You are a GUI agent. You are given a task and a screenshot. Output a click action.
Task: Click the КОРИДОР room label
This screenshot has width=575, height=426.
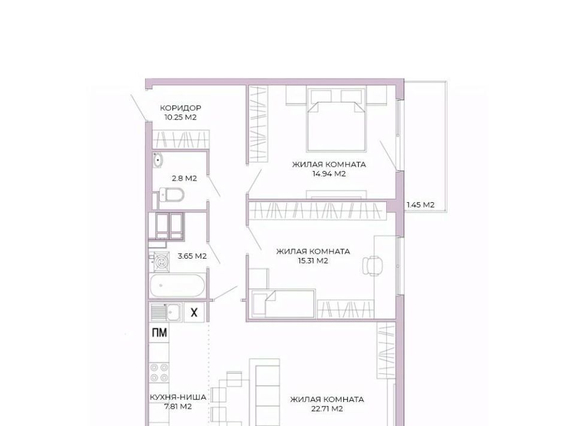coord(180,108)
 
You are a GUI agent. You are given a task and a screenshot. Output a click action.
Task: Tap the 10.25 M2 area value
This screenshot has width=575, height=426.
coord(180,118)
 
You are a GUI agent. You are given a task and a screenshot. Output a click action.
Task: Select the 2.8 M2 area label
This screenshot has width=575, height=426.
coord(184,178)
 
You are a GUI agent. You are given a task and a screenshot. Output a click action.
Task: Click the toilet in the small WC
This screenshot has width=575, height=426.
coord(172,194)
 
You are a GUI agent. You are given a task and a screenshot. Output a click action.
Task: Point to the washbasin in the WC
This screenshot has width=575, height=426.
coord(158,160)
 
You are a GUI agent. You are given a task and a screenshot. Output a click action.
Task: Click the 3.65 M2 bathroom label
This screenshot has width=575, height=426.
coord(192,256)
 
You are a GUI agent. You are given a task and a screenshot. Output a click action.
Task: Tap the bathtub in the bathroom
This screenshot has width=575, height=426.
coord(178,286)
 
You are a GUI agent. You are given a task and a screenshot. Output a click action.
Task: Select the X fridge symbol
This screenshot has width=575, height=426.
coord(194,313)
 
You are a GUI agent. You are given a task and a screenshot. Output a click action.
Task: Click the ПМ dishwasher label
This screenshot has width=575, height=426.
coord(159,332)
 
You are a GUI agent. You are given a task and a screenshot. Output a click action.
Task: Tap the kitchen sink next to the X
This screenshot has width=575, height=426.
coord(166,313)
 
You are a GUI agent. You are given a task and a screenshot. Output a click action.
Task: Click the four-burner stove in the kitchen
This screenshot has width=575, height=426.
coord(159,373)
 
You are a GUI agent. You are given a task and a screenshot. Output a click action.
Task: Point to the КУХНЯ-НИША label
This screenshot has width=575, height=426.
coord(178,397)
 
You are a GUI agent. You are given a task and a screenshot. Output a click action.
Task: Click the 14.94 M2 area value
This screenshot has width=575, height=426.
coord(329,174)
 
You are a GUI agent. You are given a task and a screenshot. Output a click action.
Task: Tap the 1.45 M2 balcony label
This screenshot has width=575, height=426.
coord(420,205)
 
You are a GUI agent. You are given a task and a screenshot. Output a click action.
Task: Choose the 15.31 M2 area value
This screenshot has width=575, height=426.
coord(313,261)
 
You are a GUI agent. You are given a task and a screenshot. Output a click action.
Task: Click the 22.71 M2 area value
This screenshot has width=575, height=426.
coord(327,409)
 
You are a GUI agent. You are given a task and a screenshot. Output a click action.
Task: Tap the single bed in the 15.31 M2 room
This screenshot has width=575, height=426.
coord(282,304)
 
